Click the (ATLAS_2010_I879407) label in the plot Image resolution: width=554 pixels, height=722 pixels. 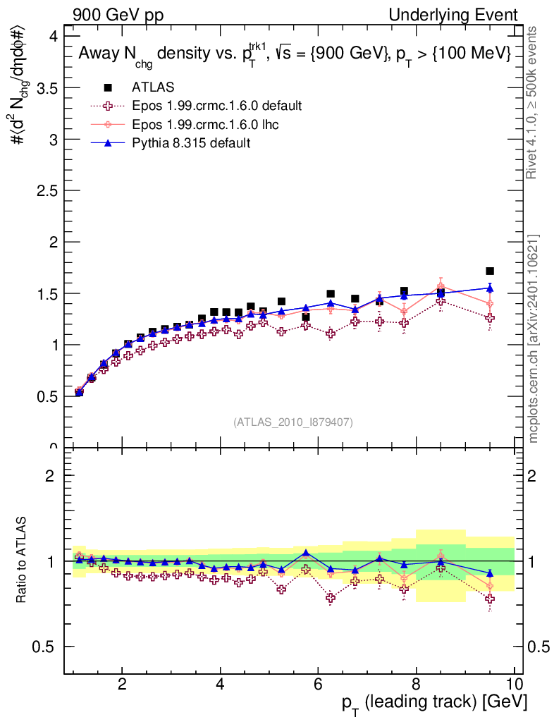(x=293, y=422)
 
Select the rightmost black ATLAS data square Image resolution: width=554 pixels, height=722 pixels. (x=490, y=271)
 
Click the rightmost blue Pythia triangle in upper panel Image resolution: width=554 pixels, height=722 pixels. (x=490, y=288)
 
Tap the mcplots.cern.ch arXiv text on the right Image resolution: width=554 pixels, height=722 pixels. (x=534, y=338)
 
